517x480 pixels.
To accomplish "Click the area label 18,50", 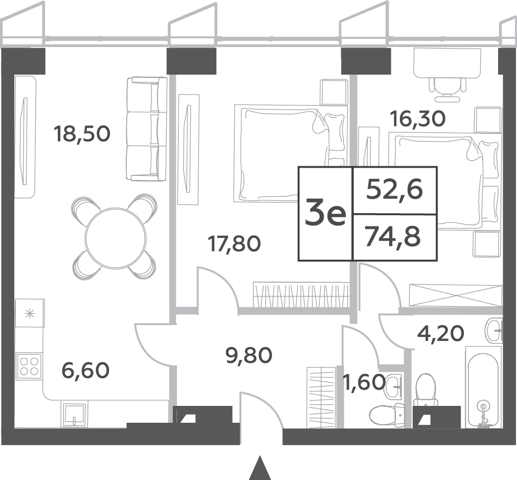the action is tap(82, 134).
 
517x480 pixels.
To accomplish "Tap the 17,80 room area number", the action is tap(234, 244).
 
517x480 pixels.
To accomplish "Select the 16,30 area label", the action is tap(418, 119).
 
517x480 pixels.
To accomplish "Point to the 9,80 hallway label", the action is tap(249, 355).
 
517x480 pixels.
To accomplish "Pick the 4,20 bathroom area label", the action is tap(440, 333).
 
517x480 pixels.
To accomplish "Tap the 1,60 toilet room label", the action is tap(364, 382).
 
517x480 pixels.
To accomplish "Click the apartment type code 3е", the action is tap(325, 214).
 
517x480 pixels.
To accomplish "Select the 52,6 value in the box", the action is tap(394, 190).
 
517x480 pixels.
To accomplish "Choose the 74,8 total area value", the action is tap(393, 237).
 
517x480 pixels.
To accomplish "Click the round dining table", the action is tap(116, 238).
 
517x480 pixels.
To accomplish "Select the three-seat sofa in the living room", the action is tap(146, 129).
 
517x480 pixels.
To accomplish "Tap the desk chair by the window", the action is tap(448, 89).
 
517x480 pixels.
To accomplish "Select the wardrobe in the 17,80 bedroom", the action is tap(301, 294).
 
